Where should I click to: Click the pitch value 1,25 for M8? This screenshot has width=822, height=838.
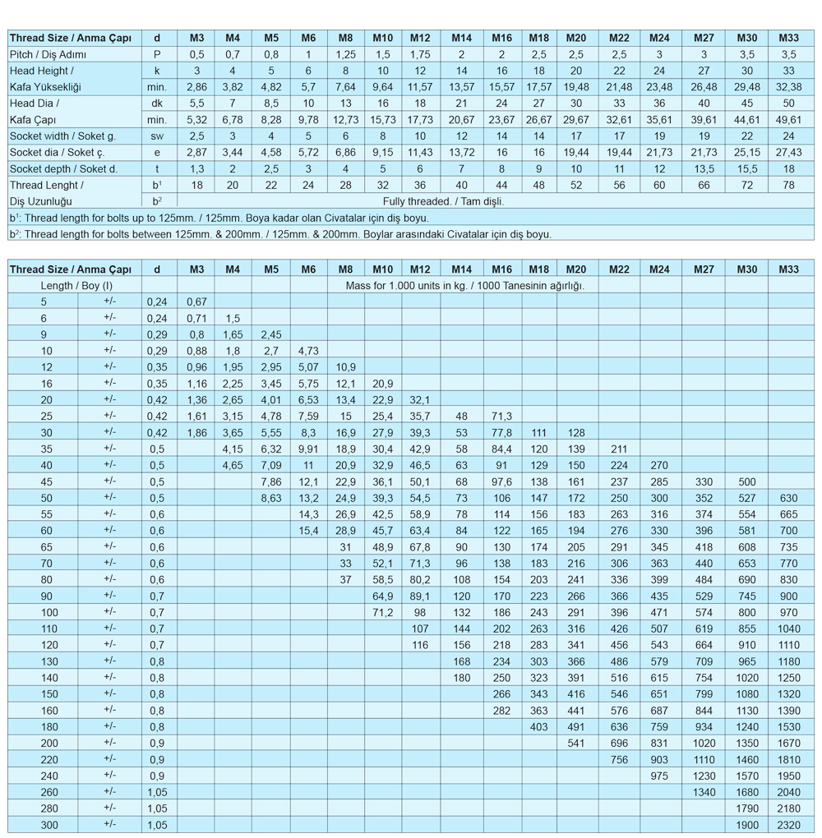click(x=345, y=54)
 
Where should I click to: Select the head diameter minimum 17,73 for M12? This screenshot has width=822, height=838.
click(x=420, y=120)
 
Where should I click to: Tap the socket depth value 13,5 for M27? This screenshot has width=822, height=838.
click(x=704, y=169)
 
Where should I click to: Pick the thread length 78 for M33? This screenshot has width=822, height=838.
click(x=788, y=186)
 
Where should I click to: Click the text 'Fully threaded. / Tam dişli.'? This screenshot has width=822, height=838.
click(x=444, y=201)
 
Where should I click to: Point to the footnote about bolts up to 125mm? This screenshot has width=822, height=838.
click(x=219, y=218)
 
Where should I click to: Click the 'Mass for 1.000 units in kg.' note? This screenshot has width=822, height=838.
click(x=467, y=285)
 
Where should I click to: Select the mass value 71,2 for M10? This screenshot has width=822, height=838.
click(x=383, y=612)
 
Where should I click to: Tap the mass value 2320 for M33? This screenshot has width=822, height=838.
click(x=788, y=824)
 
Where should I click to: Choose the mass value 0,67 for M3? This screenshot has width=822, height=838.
click(x=196, y=302)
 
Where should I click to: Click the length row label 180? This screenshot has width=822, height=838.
click(x=44, y=726)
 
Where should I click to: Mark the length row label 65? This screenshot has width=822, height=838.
click(x=44, y=547)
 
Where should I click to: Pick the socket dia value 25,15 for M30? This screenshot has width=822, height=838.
click(x=746, y=153)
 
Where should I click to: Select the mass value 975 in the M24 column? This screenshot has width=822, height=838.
click(x=659, y=775)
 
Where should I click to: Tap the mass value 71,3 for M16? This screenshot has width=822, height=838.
click(x=501, y=417)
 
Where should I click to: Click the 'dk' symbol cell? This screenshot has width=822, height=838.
click(x=157, y=104)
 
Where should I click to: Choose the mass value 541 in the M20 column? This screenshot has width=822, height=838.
click(x=575, y=743)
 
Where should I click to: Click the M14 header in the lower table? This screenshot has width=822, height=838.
click(x=461, y=269)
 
